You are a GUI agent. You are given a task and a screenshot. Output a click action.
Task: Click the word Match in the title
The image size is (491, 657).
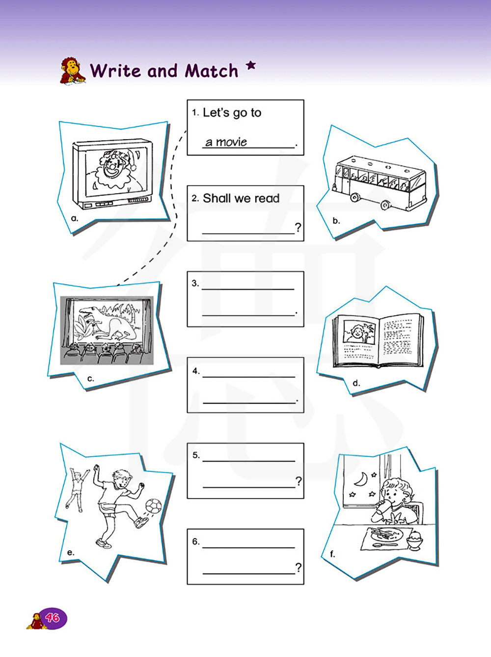[211, 71]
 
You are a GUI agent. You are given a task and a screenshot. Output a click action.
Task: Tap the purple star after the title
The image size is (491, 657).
[251, 65]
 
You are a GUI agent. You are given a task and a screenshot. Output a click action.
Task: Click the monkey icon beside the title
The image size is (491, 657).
[73, 71]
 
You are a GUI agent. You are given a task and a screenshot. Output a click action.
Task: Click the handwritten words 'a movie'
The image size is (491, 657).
[226, 142]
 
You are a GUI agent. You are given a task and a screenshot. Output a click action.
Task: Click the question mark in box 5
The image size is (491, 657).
[298, 481]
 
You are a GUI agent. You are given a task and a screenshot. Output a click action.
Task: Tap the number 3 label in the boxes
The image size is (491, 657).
[195, 283]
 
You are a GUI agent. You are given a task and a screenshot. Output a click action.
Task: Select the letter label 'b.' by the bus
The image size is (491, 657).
[336, 221]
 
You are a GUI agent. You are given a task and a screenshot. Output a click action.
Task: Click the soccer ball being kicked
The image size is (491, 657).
[154, 505]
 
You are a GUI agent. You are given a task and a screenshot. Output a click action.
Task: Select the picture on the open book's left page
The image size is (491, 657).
[359, 331]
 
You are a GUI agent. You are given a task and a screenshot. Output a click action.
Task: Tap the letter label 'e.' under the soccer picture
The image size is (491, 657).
[71, 553]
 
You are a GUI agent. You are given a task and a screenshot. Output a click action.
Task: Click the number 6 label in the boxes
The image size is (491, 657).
[196, 541]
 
